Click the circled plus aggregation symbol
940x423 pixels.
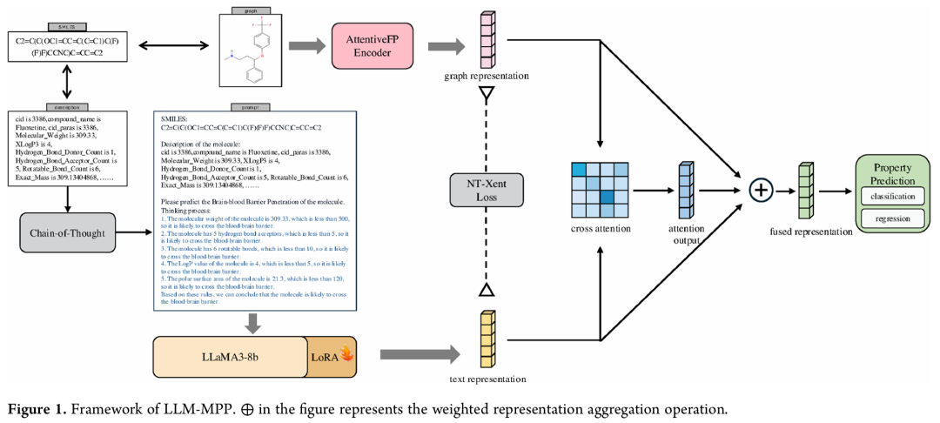pos(762,189)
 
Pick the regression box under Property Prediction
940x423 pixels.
pos(892,219)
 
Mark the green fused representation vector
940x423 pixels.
pos(805,189)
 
